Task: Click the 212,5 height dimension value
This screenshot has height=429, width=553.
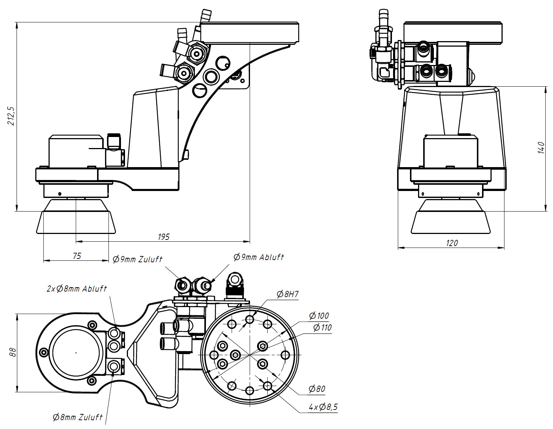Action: tap(11, 116)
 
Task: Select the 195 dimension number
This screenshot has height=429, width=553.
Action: tap(163, 237)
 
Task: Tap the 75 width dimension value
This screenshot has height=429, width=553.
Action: tap(77, 256)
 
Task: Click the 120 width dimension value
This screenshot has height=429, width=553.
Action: tap(452, 243)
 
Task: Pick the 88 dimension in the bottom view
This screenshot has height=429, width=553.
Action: tap(13, 352)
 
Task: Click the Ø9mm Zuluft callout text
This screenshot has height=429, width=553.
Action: tap(138, 259)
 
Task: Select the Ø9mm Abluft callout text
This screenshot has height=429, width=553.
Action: tap(258, 257)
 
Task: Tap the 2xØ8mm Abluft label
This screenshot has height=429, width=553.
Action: tap(76, 289)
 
